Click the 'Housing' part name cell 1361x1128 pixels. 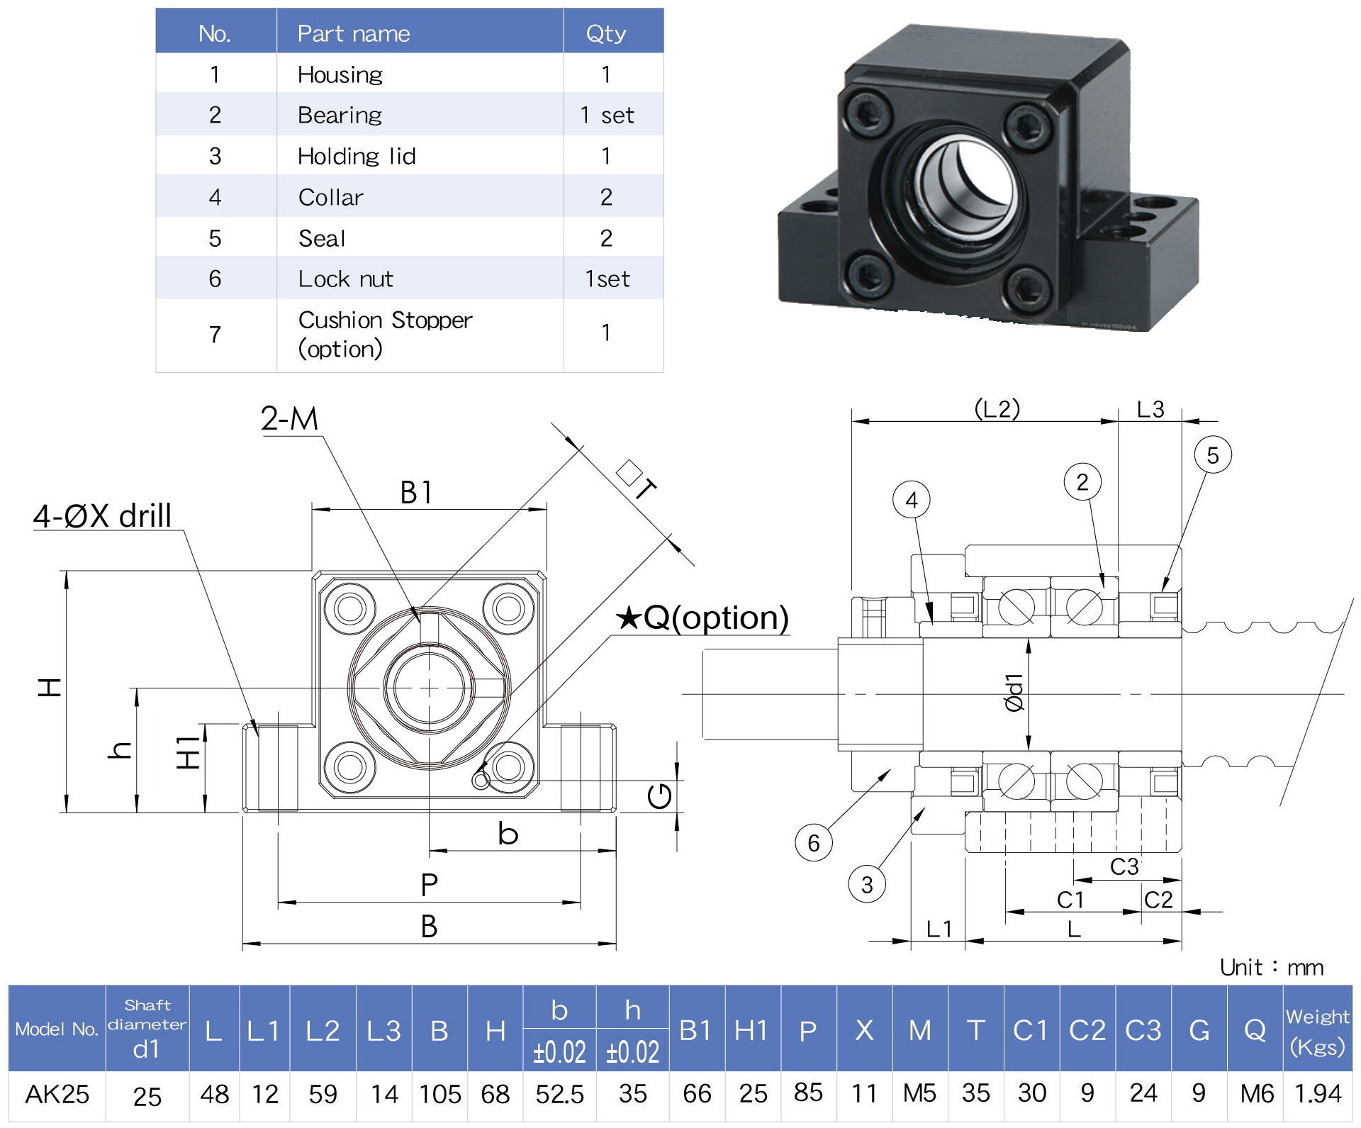340,74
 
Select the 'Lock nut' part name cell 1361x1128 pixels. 345,279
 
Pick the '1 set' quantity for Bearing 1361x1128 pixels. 607,115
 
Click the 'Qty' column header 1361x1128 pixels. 606,33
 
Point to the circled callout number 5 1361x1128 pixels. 1212,455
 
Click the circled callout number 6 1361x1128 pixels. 814,842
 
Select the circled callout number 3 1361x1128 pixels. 867,885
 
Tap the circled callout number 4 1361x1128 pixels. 912,500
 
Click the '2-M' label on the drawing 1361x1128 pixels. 289,419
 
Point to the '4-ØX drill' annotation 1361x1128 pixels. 103,515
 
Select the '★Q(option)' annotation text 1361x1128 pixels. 702,618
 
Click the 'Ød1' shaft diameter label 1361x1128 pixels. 1014,693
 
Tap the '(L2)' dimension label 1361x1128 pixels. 997,408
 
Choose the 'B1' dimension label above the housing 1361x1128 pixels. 416,493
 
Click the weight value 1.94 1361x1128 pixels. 1318,1094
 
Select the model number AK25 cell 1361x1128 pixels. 57,1094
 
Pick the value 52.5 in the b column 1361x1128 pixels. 559,1094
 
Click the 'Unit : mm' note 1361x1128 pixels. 1272,967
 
